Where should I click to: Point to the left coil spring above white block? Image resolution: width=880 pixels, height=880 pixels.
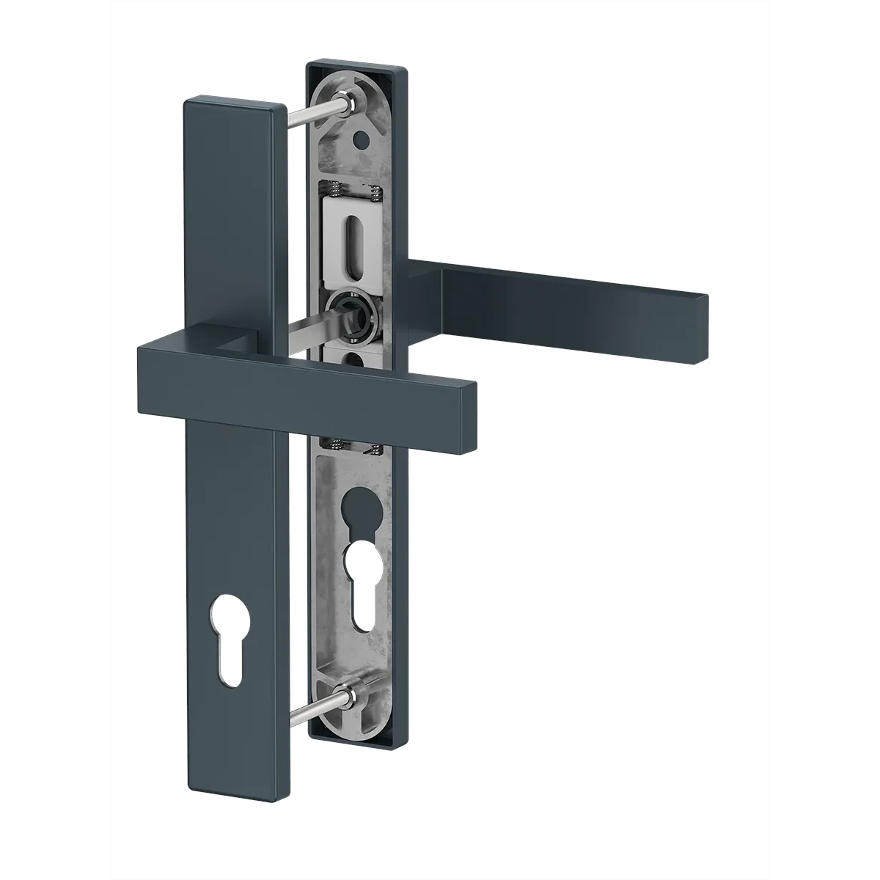pos(331,193)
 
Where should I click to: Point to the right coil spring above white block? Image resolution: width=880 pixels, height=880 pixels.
pos(374,195)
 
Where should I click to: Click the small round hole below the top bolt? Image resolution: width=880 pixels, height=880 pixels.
pos(359,138)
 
